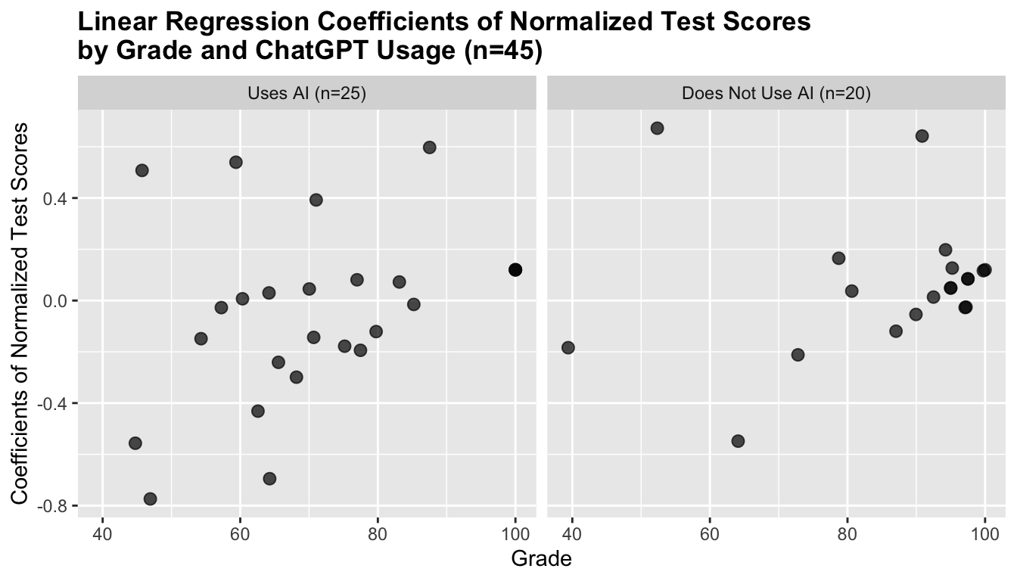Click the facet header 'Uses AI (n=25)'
306,94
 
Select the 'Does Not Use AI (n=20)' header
776,94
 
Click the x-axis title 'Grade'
541,559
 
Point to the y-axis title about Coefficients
23,313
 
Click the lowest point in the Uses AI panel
150,499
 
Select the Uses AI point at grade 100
515,270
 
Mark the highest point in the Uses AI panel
430,148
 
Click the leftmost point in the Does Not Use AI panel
568,347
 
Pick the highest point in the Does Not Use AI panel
657,128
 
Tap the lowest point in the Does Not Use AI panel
738,441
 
